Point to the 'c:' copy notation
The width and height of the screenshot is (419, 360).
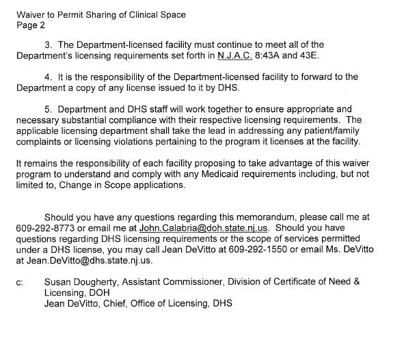pyautogui.click(x=19, y=281)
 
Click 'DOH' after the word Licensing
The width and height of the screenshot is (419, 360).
pyautogui.click(x=95, y=292)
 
